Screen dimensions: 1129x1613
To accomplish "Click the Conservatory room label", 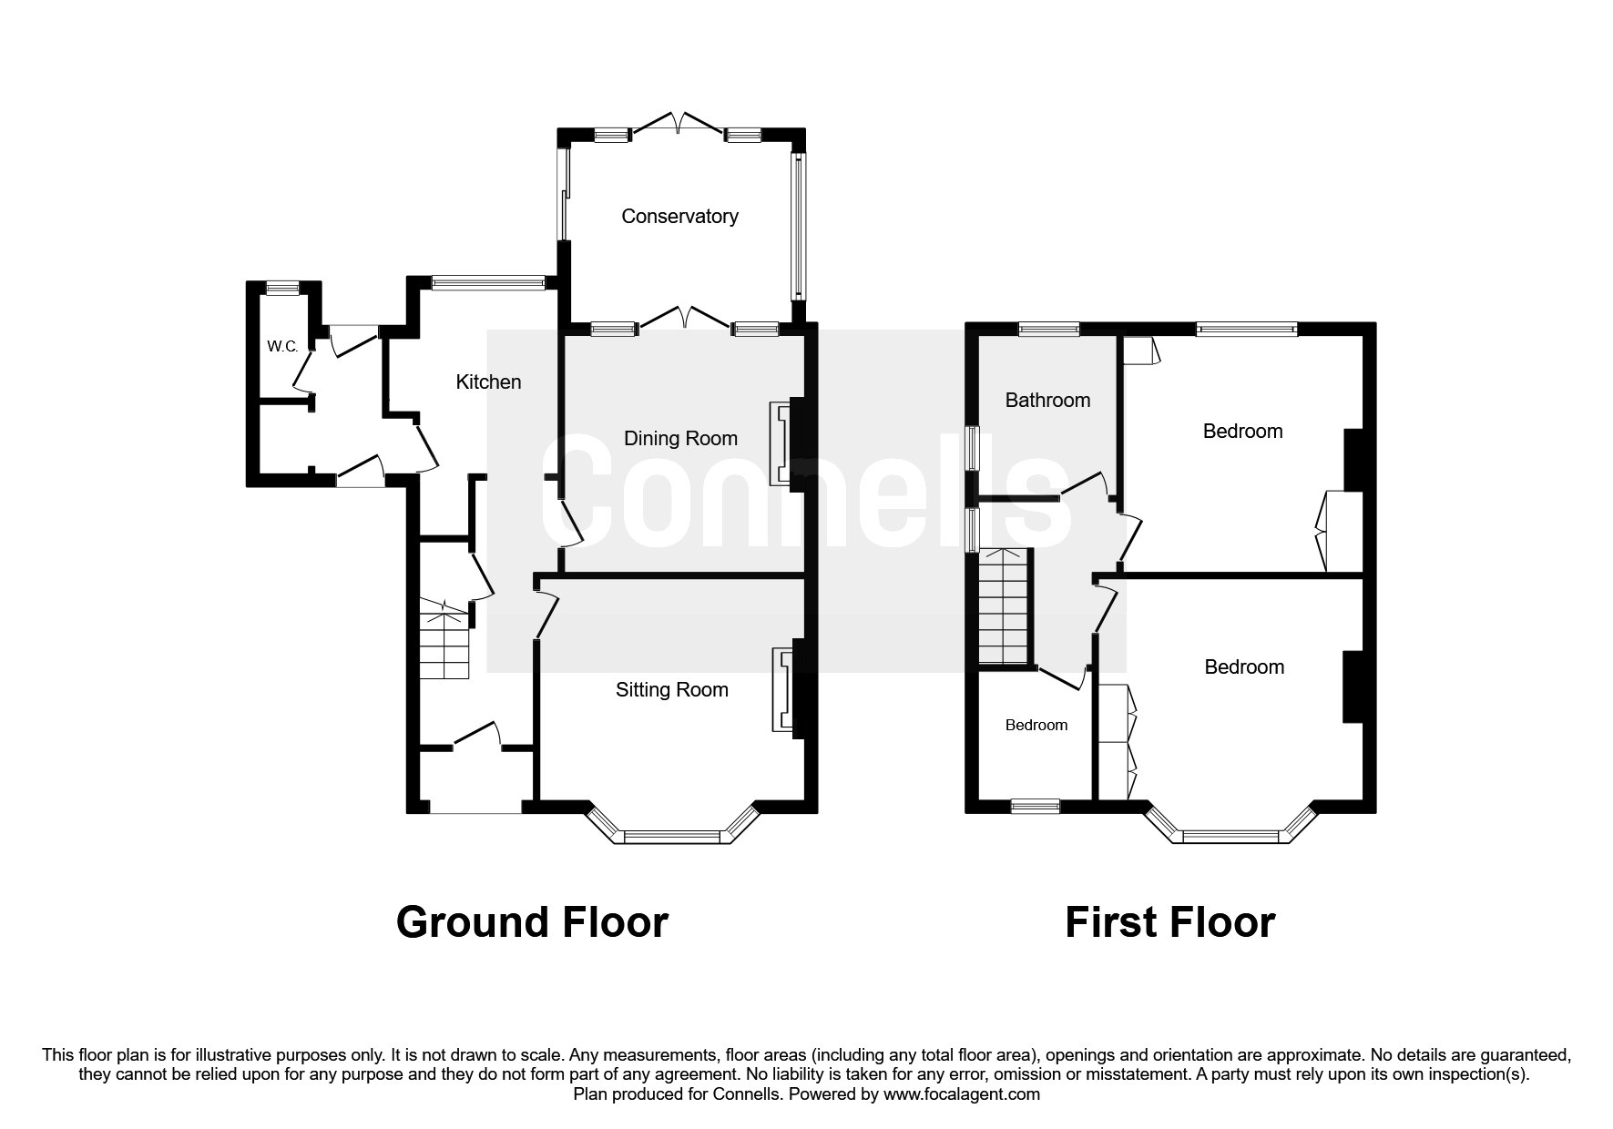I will pos(679,216).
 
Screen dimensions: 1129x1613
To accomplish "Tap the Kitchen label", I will pos(488,381).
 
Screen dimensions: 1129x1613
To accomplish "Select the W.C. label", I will pos(282,346).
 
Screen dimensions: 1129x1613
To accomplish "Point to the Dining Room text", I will pos(679,438).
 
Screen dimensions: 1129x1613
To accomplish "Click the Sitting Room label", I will pos(671,689).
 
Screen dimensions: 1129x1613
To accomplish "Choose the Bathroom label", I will pos(1047,400).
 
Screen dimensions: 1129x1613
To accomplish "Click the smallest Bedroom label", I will pos(1036,725).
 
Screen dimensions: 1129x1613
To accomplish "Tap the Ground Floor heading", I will pos(532,921).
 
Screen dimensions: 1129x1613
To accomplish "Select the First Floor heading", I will pos(1169,921).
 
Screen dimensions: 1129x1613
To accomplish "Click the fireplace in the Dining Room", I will pos(781,444).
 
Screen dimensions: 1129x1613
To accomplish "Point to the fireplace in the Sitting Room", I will pos(782,689).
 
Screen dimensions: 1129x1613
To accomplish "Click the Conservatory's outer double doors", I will pos(678,125).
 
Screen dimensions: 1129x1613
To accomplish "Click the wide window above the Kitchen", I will pos(488,283).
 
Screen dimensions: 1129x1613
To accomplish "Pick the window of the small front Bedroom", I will pos(1036,806).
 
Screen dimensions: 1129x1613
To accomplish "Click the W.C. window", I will pos(282,288).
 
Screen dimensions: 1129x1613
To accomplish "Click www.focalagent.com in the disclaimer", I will pos(961,1094).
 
